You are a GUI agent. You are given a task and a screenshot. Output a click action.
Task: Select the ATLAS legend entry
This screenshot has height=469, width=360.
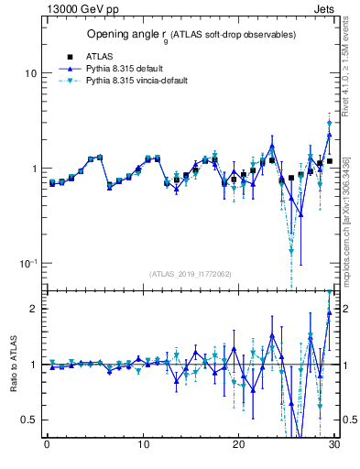click(x=99, y=55)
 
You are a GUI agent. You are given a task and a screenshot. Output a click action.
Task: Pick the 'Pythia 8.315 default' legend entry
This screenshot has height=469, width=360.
click(x=127, y=68)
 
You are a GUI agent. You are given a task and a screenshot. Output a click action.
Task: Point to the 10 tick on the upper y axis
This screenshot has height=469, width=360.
click(x=31, y=72)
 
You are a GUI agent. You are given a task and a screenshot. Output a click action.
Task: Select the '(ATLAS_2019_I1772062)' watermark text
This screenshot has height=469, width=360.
click(x=191, y=274)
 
